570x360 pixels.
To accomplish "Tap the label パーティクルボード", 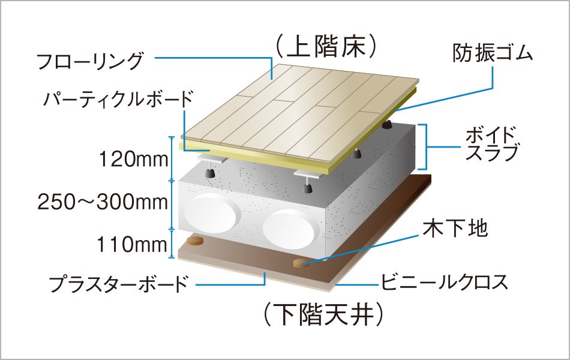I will (118, 98).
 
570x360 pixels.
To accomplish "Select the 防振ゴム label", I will (492, 54).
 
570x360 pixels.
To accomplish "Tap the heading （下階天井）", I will (323, 312).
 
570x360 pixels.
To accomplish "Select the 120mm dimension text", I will (129, 160).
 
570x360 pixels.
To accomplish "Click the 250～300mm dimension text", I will (103, 202).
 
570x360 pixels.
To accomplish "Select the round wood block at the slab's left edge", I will (195, 241).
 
